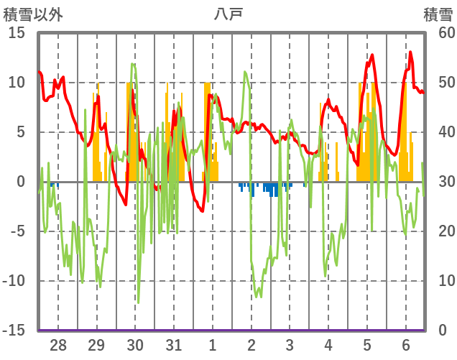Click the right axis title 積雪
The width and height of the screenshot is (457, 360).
pyautogui.click(x=438, y=13)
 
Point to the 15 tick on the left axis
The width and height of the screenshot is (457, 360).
pyautogui.click(x=17, y=32)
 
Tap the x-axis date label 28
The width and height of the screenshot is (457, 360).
pyautogui.click(x=58, y=346)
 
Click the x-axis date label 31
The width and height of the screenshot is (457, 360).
pyautogui.click(x=174, y=346)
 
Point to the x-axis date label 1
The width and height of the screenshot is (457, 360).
pyautogui.click(x=213, y=346)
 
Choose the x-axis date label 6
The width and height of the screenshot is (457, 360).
pyautogui.click(x=406, y=346)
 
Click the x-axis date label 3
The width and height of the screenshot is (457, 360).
pyautogui.click(x=290, y=346)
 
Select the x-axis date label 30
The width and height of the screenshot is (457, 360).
pyautogui.click(x=135, y=346)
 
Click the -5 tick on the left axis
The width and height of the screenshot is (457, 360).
pyautogui.click(x=18, y=231)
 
